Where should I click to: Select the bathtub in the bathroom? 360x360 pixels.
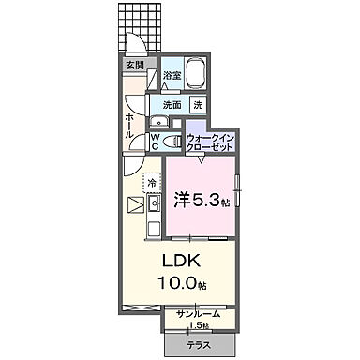[x=197, y=73]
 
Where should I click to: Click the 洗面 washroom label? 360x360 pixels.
[x=171, y=105]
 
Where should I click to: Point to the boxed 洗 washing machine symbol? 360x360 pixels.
[x=198, y=105]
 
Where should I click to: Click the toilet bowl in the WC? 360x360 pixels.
[x=170, y=141]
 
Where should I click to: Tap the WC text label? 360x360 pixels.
[x=156, y=142]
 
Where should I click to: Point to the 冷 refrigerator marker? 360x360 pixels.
[x=151, y=184]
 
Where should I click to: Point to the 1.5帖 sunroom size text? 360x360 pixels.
[x=200, y=325]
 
